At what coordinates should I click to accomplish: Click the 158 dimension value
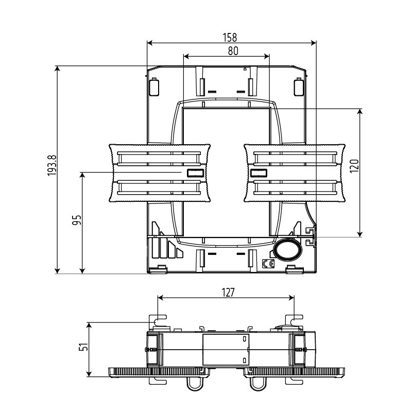tap(230, 38)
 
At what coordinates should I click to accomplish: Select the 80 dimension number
tap(233, 51)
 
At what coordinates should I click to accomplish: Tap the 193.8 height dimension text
tap(52, 165)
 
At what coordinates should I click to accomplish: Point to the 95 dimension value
tap(77, 220)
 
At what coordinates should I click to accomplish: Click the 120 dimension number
tap(354, 166)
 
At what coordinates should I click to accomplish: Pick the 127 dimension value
tap(228, 293)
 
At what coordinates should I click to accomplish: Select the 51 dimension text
tap(83, 347)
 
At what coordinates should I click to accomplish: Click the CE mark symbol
tap(268, 264)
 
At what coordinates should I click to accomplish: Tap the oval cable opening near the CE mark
tap(287, 250)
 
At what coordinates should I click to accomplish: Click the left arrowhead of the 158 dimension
tap(150, 43)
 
